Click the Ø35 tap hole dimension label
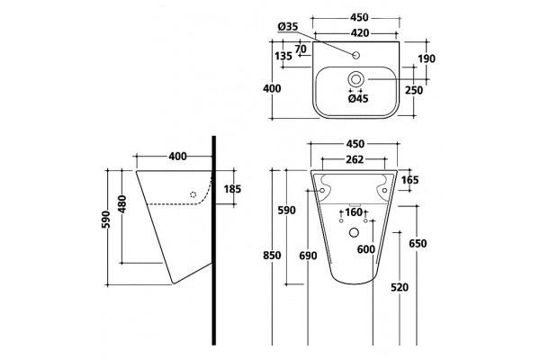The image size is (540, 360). [288, 26]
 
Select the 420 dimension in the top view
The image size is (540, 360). [360, 33]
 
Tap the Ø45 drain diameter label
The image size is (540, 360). [358, 99]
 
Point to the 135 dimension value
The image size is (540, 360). [283, 56]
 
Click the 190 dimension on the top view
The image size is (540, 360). [427, 58]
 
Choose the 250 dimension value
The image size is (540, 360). [414, 90]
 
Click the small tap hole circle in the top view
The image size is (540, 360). [356, 55]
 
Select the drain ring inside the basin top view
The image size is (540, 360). [355, 79]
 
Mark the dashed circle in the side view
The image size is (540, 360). [193, 194]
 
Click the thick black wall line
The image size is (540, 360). [214, 240]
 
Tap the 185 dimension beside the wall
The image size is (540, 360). [232, 189]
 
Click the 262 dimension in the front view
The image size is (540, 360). [355, 159]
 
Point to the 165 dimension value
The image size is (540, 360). [409, 180]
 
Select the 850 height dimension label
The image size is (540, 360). [272, 256]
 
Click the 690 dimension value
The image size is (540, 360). [308, 256]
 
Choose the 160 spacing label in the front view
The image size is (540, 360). [354, 212]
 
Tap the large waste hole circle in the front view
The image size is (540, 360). [354, 232]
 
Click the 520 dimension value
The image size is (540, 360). [400, 287]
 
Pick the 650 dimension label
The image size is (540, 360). [418, 244]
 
